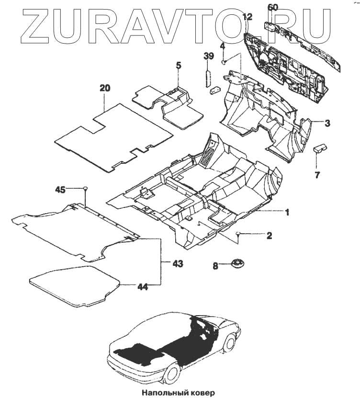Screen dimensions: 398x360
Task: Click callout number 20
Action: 105,88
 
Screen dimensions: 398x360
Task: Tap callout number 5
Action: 178,65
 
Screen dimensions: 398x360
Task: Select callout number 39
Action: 208,57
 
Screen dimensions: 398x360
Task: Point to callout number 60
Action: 272,7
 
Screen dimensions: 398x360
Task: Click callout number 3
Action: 326,123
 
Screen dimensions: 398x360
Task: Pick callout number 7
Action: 317,174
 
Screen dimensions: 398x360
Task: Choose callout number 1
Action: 287,212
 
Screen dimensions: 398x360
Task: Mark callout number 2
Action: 269,235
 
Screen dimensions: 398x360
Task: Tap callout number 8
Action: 215,264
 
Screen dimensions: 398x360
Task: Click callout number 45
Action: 60,190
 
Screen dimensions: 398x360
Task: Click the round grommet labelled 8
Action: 236,263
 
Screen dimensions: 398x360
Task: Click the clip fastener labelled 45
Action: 85,187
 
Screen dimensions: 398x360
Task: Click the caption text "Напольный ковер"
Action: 179,392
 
